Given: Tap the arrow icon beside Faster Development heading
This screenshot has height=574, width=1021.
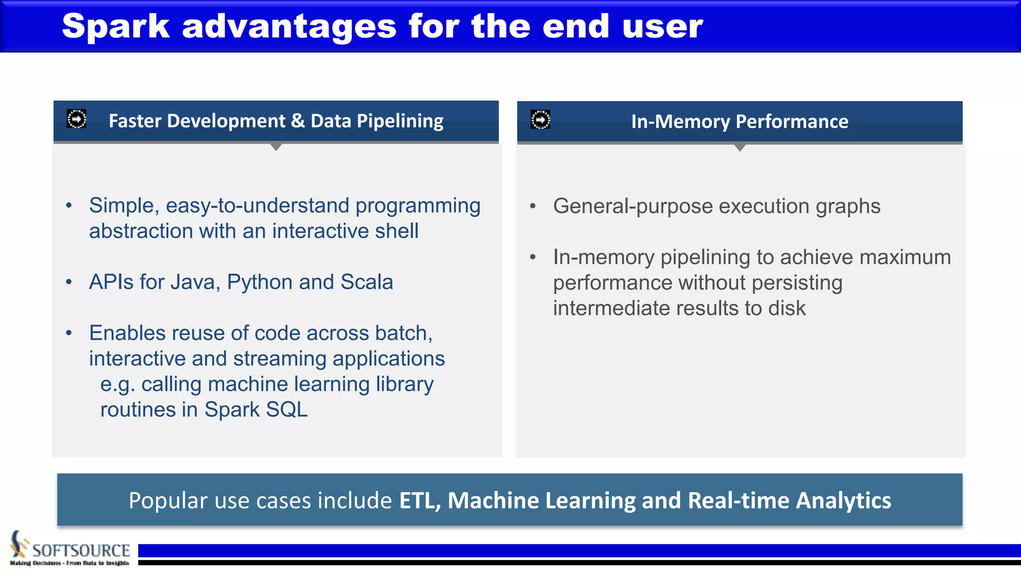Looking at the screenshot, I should (76, 119).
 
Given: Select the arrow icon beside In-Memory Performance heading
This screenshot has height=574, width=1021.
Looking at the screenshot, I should (540, 120).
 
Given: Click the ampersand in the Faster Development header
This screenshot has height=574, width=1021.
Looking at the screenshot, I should (298, 121).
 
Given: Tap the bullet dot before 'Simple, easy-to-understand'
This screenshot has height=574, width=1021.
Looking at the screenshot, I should (69, 205).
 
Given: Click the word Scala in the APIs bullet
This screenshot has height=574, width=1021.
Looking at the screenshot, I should (366, 282).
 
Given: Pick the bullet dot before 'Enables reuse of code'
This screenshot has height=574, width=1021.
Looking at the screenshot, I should (69, 333).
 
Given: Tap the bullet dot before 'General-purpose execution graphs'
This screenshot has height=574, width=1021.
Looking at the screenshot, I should (532, 206).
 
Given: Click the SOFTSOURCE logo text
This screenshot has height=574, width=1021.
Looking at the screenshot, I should (81, 550).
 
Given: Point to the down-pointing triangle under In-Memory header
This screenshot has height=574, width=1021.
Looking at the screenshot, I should (740, 148).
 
